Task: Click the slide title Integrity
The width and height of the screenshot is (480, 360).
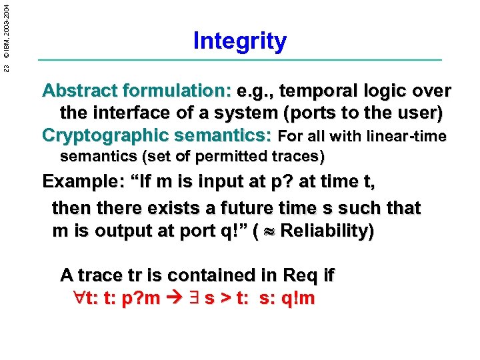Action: [240, 41]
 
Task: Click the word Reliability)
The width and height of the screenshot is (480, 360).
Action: [327, 231]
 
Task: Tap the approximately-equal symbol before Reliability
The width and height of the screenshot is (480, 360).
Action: [269, 232]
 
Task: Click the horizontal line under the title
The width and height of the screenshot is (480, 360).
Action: [240, 61]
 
